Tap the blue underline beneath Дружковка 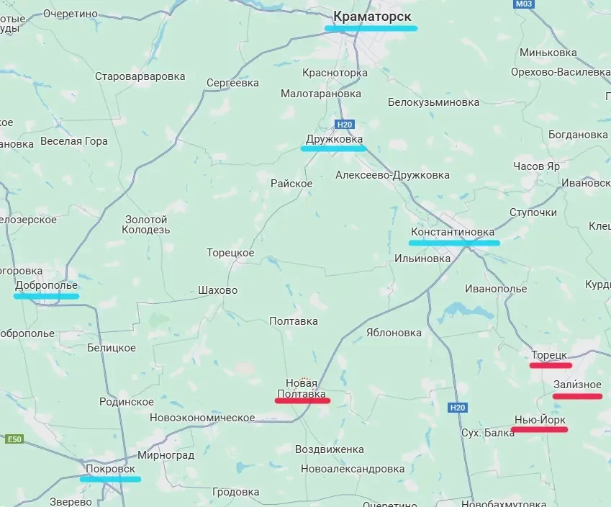pos(333,148)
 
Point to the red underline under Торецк pos(551,365)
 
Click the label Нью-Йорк pos(540,419)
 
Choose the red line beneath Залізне pos(577,396)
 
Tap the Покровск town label pos(110,468)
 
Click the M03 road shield pos(525,4)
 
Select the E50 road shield pos(14,439)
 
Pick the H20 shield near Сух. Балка pos(458,408)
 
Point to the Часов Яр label pos(536,166)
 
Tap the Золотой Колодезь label pos(146,225)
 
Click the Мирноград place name pos(166,456)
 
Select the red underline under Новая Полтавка pos(302,400)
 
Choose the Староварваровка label pos(140,76)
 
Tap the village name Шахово pos(217,290)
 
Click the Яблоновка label pos(393,333)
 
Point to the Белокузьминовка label pos(433,102)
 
